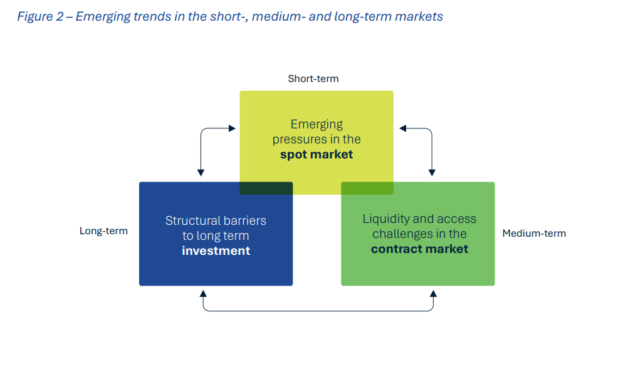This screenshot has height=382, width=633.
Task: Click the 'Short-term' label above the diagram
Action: [x=313, y=79]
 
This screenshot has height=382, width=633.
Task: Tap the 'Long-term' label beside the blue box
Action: [x=103, y=231]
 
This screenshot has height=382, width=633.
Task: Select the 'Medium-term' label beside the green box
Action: [x=534, y=234]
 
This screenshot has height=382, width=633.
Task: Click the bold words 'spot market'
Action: [x=316, y=154]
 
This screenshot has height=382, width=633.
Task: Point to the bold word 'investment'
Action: [x=216, y=251]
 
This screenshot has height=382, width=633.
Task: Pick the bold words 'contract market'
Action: [x=419, y=249]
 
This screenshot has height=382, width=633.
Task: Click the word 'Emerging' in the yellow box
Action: [x=316, y=124]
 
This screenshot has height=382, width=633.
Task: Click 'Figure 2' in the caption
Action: [x=40, y=17]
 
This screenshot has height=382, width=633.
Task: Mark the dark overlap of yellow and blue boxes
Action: [x=266, y=188]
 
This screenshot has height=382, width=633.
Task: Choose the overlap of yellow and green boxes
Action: [x=367, y=188]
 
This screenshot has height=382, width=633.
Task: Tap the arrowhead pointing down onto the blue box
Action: [x=201, y=172]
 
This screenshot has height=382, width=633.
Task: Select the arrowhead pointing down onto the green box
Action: [x=432, y=172]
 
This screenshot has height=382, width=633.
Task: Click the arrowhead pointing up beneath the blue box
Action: [x=202, y=292]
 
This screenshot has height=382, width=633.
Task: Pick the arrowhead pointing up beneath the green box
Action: [x=432, y=292]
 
